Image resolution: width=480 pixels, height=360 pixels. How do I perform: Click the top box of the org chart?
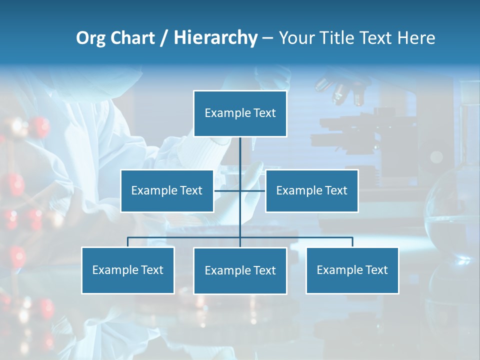[x=240, y=113]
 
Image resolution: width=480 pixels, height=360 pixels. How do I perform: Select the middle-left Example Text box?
[x=167, y=190]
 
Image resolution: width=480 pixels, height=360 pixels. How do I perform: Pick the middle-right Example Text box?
[x=311, y=190]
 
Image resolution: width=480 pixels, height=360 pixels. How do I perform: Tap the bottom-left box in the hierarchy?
[x=128, y=270]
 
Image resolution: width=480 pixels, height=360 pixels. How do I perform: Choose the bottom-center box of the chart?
[x=240, y=270]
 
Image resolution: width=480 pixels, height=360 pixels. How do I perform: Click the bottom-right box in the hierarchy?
[x=352, y=270]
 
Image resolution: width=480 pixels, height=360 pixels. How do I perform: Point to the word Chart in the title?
[x=132, y=38]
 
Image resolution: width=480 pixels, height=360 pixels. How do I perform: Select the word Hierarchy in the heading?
[x=215, y=38]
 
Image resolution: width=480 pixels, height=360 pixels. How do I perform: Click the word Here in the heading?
[x=416, y=38]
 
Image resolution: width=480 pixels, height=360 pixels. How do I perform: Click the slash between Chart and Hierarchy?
[x=164, y=38]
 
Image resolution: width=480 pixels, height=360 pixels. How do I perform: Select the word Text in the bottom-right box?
[x=376, y=270]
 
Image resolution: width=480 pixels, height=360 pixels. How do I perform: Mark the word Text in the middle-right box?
[x=335, y=190]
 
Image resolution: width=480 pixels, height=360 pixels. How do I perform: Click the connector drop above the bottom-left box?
[x=128, y=242]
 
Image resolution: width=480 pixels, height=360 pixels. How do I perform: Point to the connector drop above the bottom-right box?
[x=352, y=242]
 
